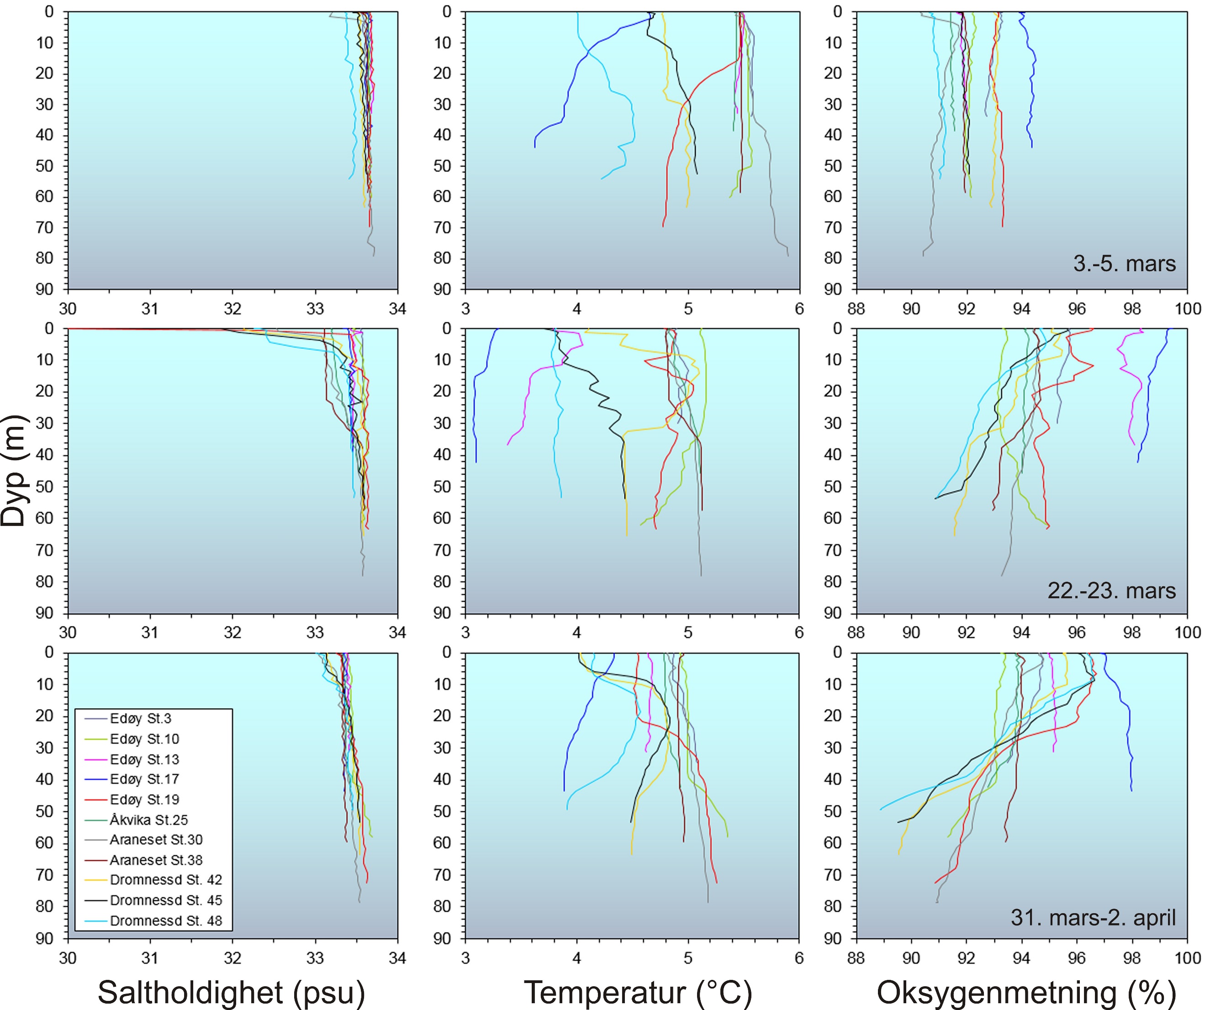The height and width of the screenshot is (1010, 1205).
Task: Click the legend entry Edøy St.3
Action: click(141, 719)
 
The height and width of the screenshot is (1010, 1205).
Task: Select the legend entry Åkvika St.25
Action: click(148, 820)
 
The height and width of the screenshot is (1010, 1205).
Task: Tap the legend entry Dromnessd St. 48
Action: click(166, 921)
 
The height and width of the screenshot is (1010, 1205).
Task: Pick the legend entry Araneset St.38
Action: click(156, 860)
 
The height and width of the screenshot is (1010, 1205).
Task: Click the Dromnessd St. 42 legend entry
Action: click(166, 880)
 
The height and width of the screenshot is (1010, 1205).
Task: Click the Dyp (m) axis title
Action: click(14, 470)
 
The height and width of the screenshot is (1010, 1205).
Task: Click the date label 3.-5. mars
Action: click(1124, 263)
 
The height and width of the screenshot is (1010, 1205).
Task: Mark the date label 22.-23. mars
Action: click(1111, 590)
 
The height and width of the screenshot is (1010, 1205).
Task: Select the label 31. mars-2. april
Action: click(1093, 917)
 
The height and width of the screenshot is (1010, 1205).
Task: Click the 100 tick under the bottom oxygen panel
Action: click(1187, 958)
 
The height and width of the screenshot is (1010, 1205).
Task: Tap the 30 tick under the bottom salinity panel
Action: click(68, 958)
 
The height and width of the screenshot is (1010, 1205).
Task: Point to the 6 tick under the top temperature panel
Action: click(799, 309)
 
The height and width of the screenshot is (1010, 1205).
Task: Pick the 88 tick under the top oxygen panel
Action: click(856, 309)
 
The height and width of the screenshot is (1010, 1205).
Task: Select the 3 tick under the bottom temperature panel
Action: click(465, 958)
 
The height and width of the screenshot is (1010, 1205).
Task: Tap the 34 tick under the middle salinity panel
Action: click(397, 632)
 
